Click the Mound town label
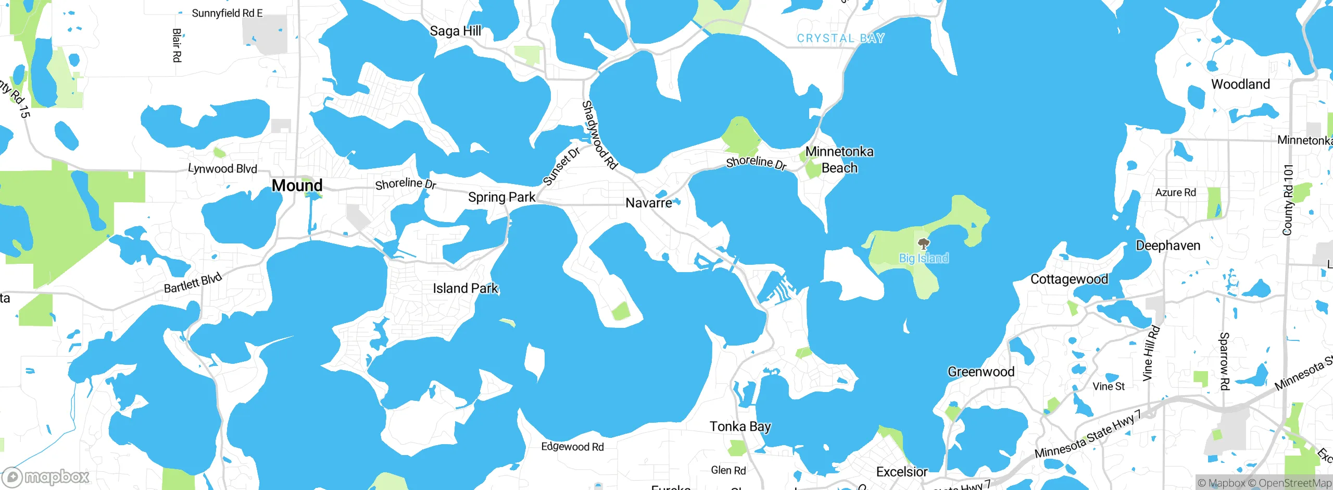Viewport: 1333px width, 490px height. point(297,185)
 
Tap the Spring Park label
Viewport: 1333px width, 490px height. point(501,197)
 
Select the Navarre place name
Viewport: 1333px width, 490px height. point(648,203)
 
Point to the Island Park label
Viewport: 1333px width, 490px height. point(466,288)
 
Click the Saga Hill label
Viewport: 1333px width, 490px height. point(455,31)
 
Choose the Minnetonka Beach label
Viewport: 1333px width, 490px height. point(839,160)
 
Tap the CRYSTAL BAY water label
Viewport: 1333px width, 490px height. point(840,38)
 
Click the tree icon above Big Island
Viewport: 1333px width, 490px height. point(923,244)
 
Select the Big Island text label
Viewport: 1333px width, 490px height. point(924,258)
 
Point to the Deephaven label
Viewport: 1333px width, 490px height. point(1168,246)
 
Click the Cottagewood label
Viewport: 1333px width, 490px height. point(1069,279)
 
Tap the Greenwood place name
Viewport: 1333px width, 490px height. point(981,372)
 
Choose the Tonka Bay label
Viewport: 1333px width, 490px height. point(740,426)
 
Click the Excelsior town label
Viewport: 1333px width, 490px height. point(902,472)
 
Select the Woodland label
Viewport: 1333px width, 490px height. point(1240,84)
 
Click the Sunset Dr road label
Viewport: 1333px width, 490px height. point(561,166)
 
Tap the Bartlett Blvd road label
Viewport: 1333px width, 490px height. point(193,283)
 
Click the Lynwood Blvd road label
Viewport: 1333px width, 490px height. point(222,168)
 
